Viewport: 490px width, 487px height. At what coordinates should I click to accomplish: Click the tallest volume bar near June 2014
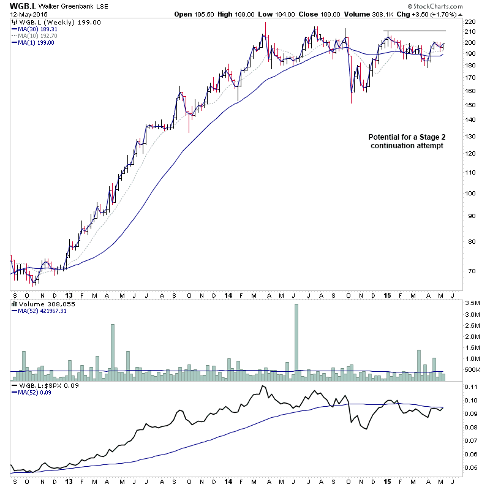pos(296,338)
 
